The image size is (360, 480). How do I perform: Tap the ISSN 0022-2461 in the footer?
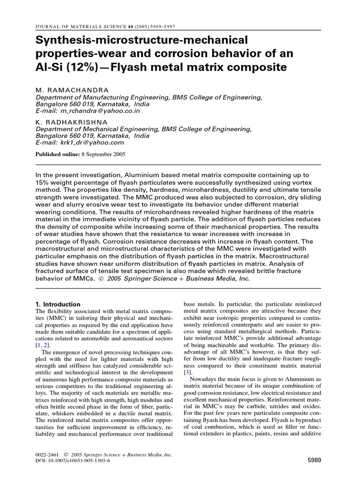tap(47, 455)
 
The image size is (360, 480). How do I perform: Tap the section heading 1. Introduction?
tap(58, 304)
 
